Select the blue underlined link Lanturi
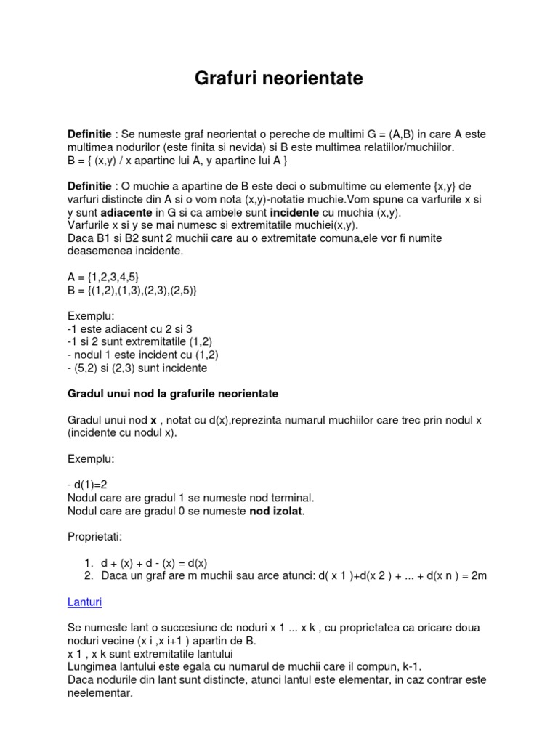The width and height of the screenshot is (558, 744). (84, 602)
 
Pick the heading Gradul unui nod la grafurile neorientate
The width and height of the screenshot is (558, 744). (172, 394)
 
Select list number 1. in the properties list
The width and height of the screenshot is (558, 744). (88, 563)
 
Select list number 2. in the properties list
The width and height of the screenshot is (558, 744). (88, 575)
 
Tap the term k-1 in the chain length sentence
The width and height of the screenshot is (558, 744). (410, 666)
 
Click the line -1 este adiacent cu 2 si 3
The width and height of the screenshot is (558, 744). (129, 329)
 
